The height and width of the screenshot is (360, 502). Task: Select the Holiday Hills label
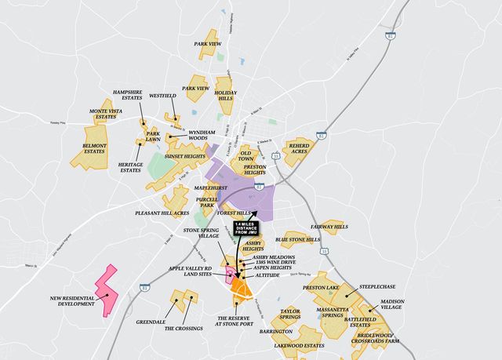click(x=225, y=96)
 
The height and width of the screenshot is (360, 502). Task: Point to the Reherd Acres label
click(x=300, y=148)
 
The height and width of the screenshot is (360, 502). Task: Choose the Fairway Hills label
click(x=329, y=227)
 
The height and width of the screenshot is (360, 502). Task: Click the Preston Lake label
click(x=321, y=288)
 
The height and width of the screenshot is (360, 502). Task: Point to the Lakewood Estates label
click(x=299, y=345)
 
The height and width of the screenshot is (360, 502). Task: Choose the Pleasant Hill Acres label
click(x=162, y=213)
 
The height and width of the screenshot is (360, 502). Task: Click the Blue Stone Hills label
click(x=298, y=239)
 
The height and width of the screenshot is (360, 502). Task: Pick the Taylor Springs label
click(x=290, y=315)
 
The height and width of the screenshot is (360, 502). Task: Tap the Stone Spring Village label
click(x=202, y=234)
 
